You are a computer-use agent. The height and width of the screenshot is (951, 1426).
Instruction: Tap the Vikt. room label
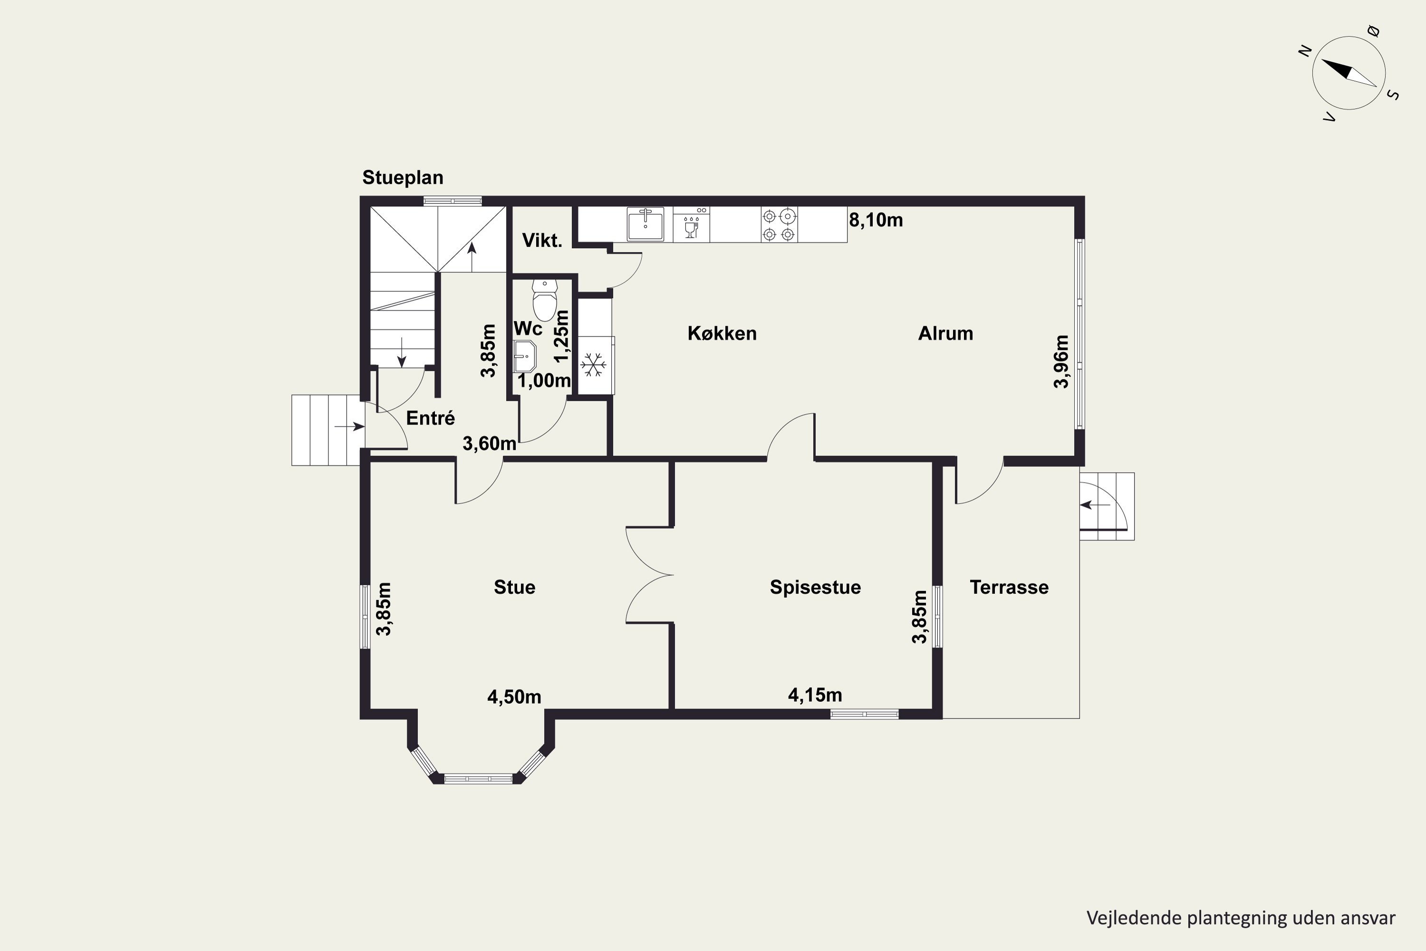542,240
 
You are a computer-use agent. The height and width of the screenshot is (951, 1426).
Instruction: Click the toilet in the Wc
544,300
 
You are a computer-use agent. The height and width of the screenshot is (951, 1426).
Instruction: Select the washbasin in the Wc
524,356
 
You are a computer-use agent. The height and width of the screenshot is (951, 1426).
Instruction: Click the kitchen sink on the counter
645,224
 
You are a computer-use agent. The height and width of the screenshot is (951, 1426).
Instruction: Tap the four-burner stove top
779,224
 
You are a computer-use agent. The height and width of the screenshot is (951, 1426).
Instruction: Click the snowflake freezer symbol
593,365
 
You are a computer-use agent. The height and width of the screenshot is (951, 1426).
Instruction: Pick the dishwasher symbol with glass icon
691,224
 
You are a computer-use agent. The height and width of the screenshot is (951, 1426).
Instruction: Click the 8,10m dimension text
876,220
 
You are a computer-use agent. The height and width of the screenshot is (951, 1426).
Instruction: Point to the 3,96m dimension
1061,361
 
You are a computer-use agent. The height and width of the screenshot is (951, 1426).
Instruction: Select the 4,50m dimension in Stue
514,697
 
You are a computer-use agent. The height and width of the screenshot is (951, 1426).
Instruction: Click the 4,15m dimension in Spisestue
815,695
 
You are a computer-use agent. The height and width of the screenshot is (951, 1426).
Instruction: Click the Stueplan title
403,178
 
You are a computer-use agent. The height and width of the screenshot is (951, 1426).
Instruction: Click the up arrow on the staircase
472,257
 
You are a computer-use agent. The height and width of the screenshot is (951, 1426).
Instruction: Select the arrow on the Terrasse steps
1095,505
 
